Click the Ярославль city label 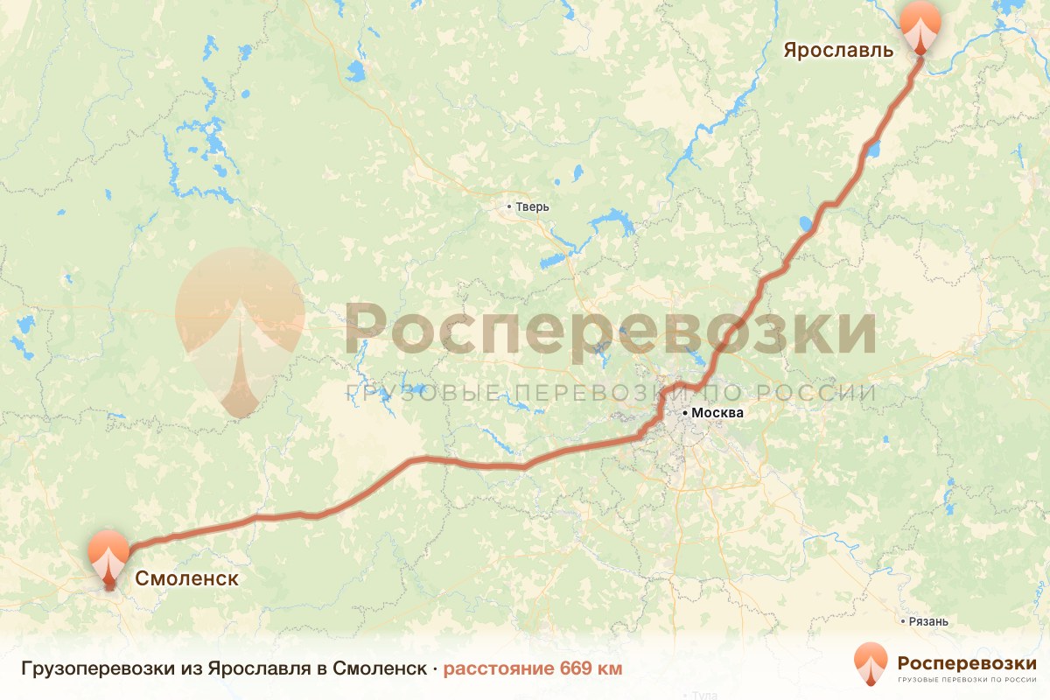tap(837, 50)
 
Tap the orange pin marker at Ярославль tap(920, 24)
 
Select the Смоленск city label tap(185, 578)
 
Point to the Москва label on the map tap(717, 413)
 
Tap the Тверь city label tap(532, 207)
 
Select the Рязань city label tap(929, 621)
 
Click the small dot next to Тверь tap(509, 207)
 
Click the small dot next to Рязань tap(904, 621)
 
